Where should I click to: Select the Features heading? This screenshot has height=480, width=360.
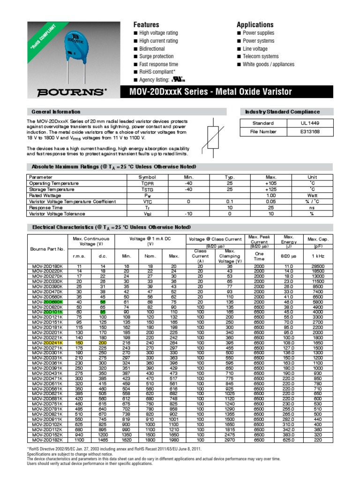tap(146, 24)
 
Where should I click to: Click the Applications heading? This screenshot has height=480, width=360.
tap(255, 24)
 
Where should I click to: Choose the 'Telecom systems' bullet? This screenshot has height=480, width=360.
tap(260, 56)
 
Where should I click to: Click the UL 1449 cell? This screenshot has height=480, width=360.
tap(310, 123)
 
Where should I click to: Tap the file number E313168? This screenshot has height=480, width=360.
tap(310, 132)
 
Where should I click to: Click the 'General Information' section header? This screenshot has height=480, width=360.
tap(56, 112)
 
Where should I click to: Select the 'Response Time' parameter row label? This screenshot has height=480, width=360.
tap(46, 207)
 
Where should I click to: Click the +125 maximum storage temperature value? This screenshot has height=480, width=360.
tap(271, 189)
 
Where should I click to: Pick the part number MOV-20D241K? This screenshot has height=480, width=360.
tap(47, 343)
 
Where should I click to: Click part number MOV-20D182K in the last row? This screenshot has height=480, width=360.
tap(47, 440)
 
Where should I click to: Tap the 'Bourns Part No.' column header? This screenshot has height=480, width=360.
tap(47, 249)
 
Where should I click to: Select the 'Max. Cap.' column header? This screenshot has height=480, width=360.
tap(318, 240)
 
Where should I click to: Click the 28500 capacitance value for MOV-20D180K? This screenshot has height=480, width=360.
tap(318, 266)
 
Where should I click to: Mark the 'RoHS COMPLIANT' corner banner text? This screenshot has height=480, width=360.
tap(45, 36)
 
